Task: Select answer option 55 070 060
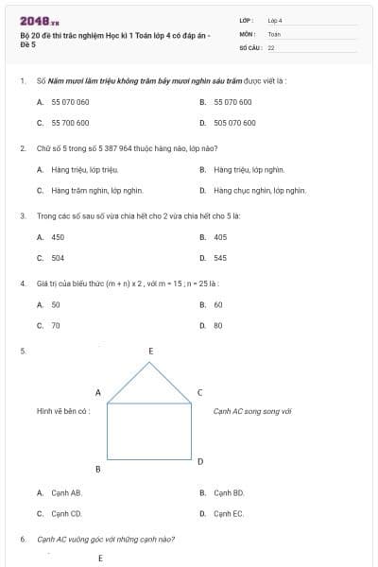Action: [x=70, y=102]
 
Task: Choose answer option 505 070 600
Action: [x=234, y=123]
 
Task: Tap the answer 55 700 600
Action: [x=70, y=123]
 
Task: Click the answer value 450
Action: [x=58, y=237]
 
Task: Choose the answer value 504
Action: [x=58, y=258]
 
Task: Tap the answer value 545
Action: [x=220, y=258]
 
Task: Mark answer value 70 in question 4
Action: [x=55, y=326]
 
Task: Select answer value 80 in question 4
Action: [x=218, y=326]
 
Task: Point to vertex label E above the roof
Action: [x=150, y=352]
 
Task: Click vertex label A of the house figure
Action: [x=97, y=392]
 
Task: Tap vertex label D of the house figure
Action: [x=200, y=461]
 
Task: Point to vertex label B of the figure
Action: [x=97, y=470]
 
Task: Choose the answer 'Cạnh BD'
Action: [x=229, y=493]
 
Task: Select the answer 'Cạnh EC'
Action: [x=229, y=514]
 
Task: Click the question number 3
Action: [x=22, y=216]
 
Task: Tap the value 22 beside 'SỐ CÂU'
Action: [x=271, y=46]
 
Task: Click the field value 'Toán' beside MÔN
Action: [x=274, y=33]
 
